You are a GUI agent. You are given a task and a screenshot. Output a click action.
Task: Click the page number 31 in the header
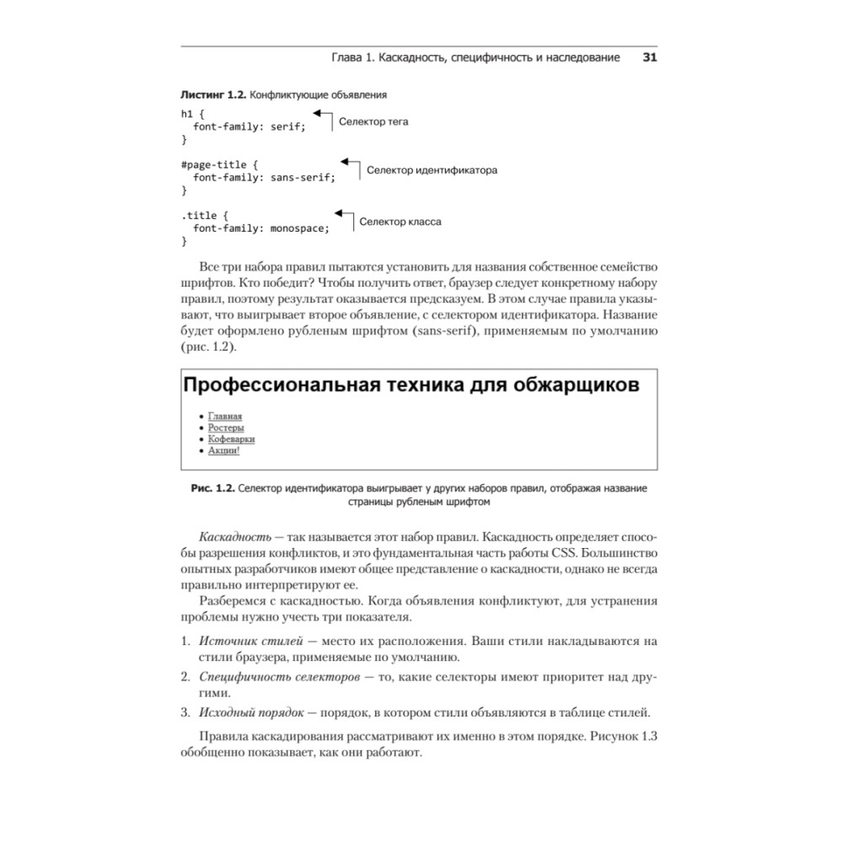click(649, 58)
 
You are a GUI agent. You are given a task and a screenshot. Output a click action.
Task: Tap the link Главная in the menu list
click(225, 416)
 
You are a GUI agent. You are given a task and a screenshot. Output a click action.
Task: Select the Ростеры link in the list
click(226, 427)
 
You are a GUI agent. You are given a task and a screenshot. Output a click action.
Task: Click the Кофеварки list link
click(231, 439)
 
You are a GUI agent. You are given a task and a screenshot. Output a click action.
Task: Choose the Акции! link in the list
click(223, 451)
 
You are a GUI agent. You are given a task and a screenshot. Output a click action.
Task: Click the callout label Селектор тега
click(373, 121)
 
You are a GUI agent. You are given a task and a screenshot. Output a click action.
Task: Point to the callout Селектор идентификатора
click(432, 169)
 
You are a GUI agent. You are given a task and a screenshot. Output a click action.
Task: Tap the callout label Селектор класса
click(400, 222)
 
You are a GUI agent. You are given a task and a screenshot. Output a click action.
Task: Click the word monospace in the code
click(297, 228)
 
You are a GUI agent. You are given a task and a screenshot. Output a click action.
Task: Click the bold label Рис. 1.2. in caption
click(213, 487)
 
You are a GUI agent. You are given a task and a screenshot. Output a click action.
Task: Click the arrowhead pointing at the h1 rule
click(317, 112)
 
